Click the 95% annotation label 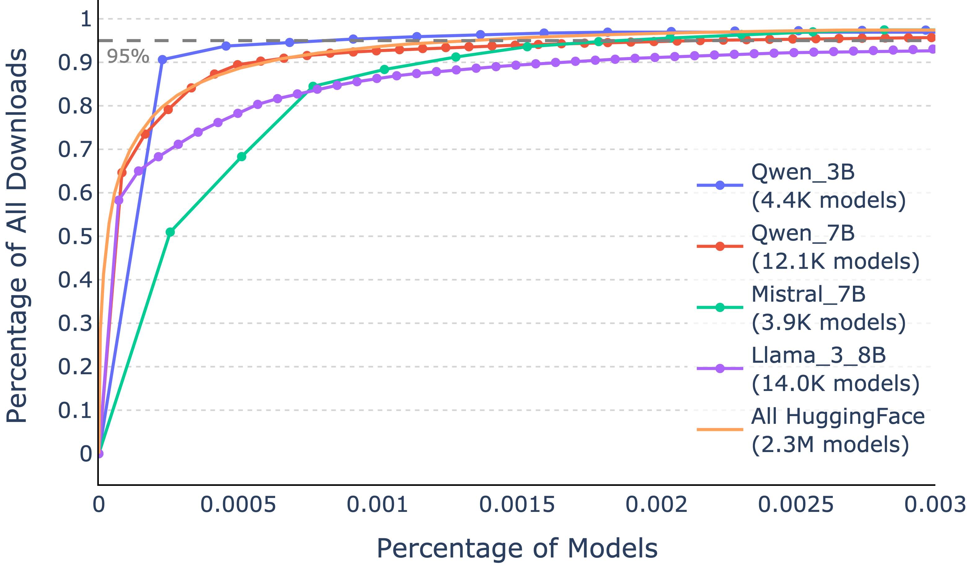(128, 57)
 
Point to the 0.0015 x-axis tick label (517, 505)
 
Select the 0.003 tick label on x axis (935, 505)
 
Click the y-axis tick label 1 (86, 19)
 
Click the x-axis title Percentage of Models (517, 548)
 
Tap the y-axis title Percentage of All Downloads (17, 236)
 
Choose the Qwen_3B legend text (803, 172)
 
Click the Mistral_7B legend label (808, 294)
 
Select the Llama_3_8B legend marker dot (720, 369)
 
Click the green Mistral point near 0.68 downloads (242, 157)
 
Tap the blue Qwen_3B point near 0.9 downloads (162, 60)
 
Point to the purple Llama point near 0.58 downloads (119, 200)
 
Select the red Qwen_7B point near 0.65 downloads (122, 172)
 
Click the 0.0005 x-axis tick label (238, 505)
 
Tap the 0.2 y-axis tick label (75, 367)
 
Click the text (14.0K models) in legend (835, 384)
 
